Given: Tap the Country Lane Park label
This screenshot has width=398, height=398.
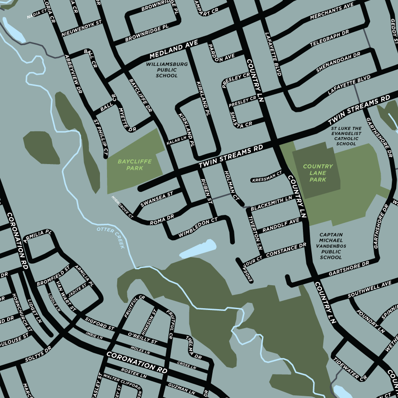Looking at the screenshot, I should coord(318,173).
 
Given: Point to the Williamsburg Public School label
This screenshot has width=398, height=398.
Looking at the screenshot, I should coord(167,70).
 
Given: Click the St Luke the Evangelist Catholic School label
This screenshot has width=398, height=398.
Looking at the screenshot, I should coord(346,136).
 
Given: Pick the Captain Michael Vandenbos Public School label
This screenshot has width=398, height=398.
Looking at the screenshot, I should coord(331,246).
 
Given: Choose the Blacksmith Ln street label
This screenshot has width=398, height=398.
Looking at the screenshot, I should coord(272,203).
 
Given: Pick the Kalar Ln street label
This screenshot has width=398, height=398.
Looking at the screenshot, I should coord(177,141).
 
